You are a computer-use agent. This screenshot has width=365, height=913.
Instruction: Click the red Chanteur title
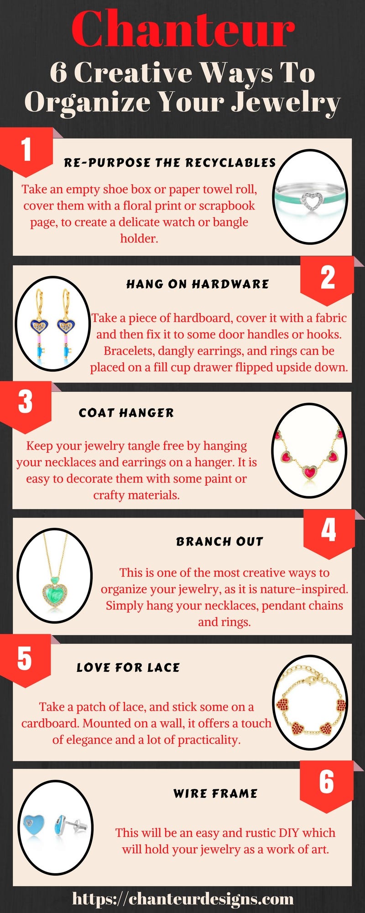click(x=183, y=29)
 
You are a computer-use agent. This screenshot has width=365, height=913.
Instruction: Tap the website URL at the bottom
click(x=183, y=899)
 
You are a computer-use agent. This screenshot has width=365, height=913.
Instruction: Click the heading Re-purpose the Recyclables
click(x=170, y=163)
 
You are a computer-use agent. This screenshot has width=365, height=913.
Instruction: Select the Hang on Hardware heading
click(x=198, y=284)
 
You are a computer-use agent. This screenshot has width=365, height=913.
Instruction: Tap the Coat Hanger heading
click(x=126, y=413)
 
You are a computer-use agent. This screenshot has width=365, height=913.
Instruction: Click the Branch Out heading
click(x=220, y=541)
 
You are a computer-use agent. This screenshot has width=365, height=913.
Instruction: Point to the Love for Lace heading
click(x=128, y=667)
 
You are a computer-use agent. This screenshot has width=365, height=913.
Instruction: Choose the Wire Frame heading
click(x=215, y=793)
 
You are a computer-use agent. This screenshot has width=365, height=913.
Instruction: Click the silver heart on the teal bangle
click(x=313, y=199)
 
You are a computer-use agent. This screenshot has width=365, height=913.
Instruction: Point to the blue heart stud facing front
click(x=35, y=827)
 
